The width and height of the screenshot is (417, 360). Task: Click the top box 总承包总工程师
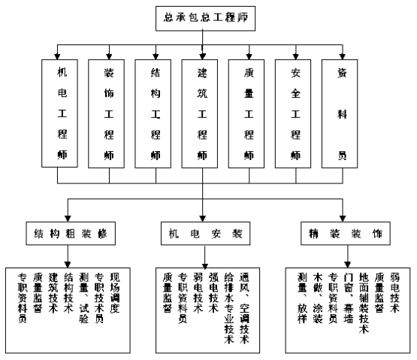[x=205, y=18]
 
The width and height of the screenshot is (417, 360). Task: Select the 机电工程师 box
[x=59, y=113]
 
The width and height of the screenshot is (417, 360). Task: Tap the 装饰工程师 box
[x=106, y=113]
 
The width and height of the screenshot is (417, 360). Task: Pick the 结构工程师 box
[x=153, y=113]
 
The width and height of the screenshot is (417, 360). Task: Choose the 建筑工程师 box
[x=199, y=113]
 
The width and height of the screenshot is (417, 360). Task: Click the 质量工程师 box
[x=246, y=113]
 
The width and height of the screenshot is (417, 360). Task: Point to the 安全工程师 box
[x=293, y=113]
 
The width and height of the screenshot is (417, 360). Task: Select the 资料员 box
[x=340, y=113]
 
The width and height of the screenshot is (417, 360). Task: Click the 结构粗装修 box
[x=71, y=233]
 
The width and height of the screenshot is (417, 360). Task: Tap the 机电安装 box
[x=206, y=233]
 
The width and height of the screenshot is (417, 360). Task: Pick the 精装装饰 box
[x=346, y=233]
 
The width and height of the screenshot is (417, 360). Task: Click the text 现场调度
[x=115, y=292]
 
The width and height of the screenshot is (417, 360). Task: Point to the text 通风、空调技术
[x=244, y=308]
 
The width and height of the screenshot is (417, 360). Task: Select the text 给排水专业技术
[x=229, y=308]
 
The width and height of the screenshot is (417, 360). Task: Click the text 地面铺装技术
[x=364, y=303]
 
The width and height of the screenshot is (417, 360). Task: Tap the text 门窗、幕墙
[x=349, y=298]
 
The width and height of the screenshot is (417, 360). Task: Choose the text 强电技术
[x=213, y=292]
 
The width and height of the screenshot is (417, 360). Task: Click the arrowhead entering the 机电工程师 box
[x=57, y=56]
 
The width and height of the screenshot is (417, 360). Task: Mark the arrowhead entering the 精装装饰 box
[x=343, y=219]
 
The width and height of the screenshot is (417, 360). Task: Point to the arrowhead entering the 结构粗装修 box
[x=68, y=219]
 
